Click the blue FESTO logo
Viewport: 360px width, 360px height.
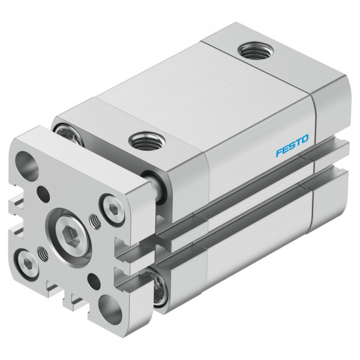tap(292, 146)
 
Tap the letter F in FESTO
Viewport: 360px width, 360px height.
tap(280, 152)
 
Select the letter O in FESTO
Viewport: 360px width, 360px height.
tap(304, 139)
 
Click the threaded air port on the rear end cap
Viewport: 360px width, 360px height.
tap(256, 50)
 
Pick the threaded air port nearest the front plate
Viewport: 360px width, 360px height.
tap(147, 141)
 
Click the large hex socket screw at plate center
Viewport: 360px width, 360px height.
tap(73, 237)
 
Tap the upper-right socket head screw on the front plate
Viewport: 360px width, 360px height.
tap(113, 209)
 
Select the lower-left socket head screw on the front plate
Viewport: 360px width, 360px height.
tap(26, 264)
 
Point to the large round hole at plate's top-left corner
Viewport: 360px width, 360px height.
tap(27, 165)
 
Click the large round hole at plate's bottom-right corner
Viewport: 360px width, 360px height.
tap(110, 310)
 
